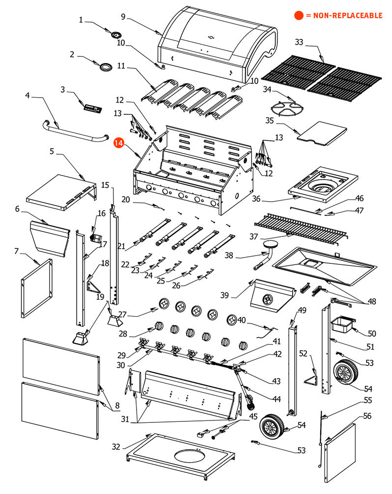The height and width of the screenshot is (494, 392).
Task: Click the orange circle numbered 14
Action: click(118, 143)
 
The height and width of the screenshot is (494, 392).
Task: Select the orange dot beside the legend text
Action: click(298, 16)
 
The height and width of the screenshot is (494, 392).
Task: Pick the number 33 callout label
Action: click(299, 42)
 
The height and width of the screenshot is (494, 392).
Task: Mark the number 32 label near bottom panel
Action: click(115, 446)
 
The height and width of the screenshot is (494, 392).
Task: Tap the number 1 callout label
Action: click(81, 20)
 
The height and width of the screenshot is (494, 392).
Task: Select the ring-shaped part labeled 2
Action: click(105, 67)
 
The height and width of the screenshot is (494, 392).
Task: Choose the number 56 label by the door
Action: click(367, 416)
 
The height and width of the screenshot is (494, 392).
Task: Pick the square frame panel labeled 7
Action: click(37, 289)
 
